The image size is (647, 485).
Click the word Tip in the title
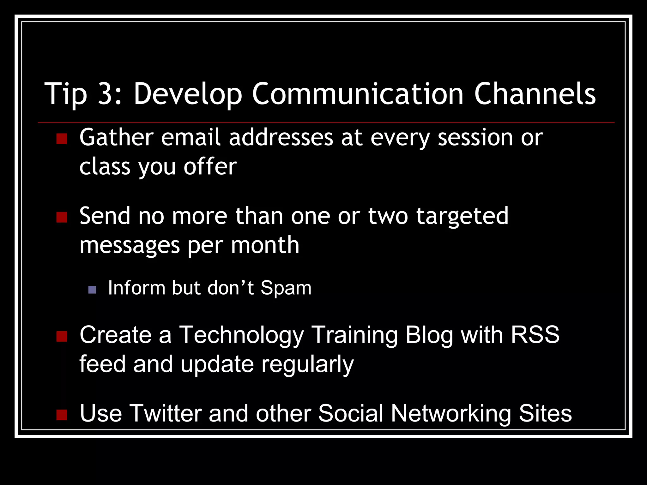click(x=66, y=94)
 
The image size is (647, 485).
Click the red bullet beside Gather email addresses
click(x=62, y=139)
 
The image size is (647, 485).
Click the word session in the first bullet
click(x=475, y=138)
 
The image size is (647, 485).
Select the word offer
click(x=210, y=166)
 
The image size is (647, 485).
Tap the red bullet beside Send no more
click(x=62, y=217)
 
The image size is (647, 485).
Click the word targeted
click(x=462, y=217)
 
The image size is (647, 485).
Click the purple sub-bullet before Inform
click(x=92, y=290)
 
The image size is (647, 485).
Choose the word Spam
click(x=286, y=288)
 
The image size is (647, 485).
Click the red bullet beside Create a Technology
click(x=62, y=336)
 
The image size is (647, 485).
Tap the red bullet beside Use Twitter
click(x=62, y=415)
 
